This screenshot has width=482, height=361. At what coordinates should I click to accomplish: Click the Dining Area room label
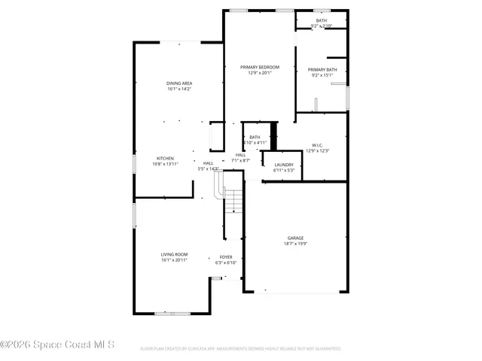pyautogui.click(x=178, y=83)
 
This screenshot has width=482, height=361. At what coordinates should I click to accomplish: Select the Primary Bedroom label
pyautogui.click(x=259, y=67)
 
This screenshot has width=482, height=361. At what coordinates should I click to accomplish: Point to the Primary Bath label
pyautogui.click(x=323, y=70)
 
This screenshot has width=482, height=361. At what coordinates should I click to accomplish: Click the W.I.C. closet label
pyautogui.click(x=317, y=145)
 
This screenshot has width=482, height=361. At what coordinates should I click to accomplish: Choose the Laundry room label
pyautogui.click(x=284, y=165)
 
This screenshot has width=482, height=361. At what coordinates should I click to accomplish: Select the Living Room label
pyautogui.click(x=174, y=254)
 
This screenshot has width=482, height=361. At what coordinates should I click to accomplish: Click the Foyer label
pyautogui.click(x=226, y=257)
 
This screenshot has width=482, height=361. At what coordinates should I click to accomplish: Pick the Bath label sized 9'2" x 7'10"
pyautogui.click(x=322, y=20)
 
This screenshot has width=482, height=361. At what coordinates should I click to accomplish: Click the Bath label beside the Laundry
pyautogui.click(x=255, y=137)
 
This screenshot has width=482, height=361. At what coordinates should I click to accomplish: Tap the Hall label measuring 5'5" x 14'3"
pyautogui.click(x=208, y=163)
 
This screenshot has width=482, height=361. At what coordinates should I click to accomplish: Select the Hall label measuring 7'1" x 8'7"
pyautogui.click(x=240, y=155)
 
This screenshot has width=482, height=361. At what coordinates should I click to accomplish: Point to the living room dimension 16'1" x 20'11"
pyautogui.click(x=174, y=260)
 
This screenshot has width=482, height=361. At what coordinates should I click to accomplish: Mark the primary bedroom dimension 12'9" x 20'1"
pyautogui.click(x=259, y=73)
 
